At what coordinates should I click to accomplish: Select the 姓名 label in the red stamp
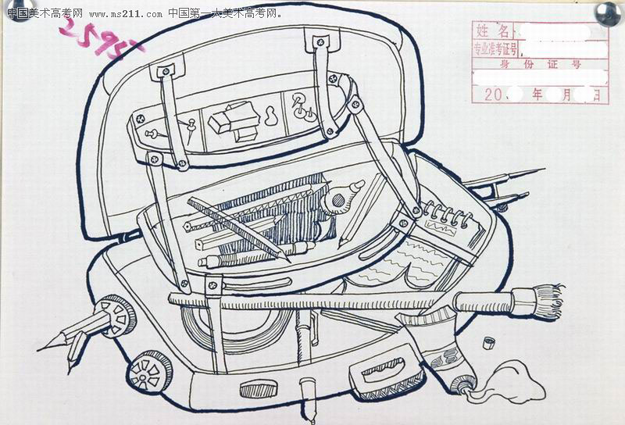pos(493,31)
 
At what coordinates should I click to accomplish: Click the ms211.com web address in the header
pos(126,13)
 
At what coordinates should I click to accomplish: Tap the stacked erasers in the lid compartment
pos(234,120)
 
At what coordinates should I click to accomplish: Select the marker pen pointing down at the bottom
pos(306,395)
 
